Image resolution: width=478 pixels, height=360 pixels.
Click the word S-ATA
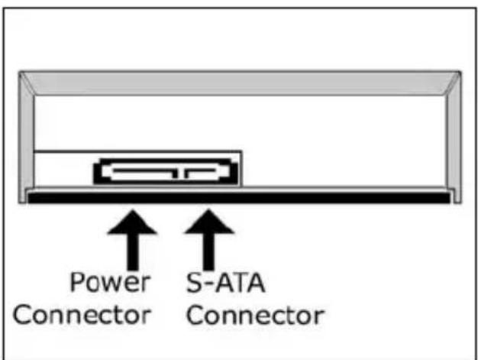[x=226, y=282]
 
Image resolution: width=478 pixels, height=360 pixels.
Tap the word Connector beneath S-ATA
[x=255, y=313]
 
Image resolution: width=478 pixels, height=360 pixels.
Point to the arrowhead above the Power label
[x=133, y=224]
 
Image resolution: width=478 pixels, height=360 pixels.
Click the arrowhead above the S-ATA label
[x=208, y=224]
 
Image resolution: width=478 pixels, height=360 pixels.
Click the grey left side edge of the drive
[x=26, y=138]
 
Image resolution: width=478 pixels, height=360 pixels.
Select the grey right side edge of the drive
[x=454, y=138]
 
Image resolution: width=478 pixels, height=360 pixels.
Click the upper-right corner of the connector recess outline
[x=242, y=151]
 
